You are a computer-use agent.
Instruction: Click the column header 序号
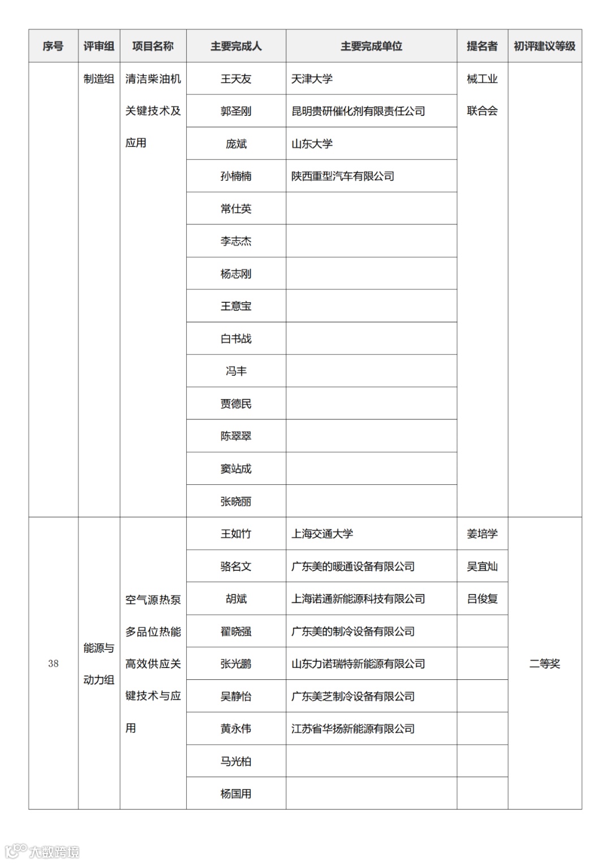click(53, 46)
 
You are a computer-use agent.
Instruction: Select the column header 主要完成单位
click(371, 46)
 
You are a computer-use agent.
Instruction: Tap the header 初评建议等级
click(544, 46)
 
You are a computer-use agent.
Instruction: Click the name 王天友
click(236, 79)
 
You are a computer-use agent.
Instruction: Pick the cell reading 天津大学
click(312, 79)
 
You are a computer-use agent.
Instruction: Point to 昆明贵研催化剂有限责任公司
click(358, 111)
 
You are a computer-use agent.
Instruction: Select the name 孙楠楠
click(236, 176)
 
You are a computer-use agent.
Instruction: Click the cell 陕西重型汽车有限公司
click(343, 176)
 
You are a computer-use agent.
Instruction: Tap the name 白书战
click(236, 339)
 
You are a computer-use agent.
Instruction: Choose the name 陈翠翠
click(236, 436)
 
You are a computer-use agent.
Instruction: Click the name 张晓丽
click(236, 501)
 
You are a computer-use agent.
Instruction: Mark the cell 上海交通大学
click(322, 534)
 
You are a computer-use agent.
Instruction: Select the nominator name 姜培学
click(482, 534)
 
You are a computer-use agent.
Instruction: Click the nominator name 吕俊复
click(482, 599)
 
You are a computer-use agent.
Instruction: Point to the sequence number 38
click(53, 663)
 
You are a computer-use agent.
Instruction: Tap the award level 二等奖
click(544, 663)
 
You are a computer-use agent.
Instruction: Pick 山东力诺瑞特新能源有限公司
click(358, 663)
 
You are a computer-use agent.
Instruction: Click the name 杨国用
click(236, 793)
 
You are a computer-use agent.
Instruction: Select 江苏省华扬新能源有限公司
click(353, 728)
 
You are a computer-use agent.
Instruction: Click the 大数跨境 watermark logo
click(42, 851)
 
